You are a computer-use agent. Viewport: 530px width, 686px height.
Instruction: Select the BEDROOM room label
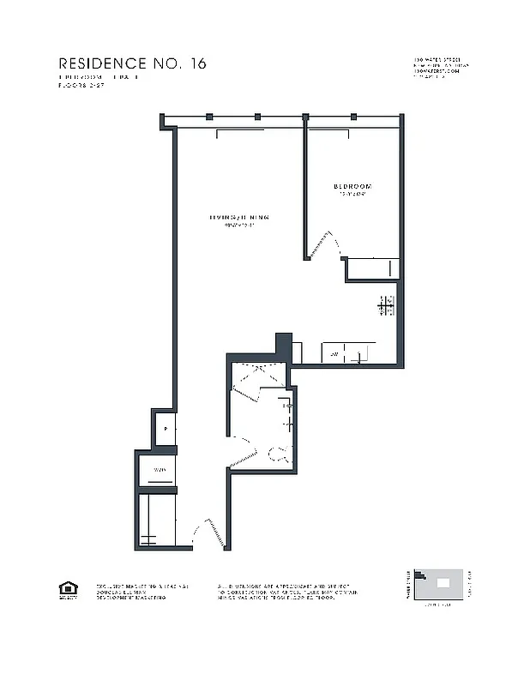(x=352, y=186)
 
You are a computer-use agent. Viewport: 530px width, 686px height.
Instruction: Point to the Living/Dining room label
(x=238, y=218)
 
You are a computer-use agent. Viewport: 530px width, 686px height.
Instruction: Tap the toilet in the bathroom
(x=276, y=454)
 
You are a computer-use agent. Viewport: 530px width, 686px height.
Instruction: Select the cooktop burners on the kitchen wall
(x=386, y=304)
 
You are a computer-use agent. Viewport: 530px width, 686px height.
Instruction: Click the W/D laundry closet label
(x=160, y=471)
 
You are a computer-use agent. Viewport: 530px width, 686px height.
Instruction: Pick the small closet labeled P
(x=165, y=430)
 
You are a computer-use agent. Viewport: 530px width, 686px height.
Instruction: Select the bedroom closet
(x=372, y=268)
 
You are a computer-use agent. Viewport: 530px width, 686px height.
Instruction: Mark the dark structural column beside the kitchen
(x=282, y=345)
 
